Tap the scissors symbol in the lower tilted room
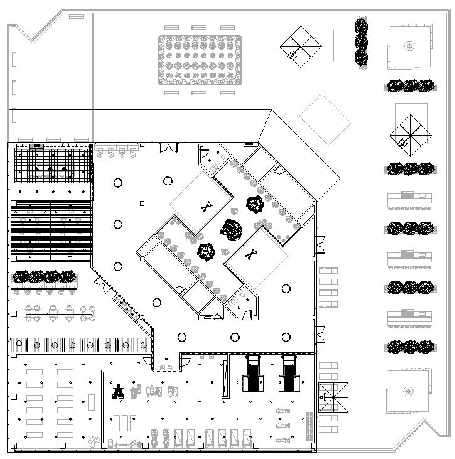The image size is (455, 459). click(251, 254)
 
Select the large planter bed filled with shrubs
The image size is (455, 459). click(200, 60)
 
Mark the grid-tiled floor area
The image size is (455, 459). click(53, 165)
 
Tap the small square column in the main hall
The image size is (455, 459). click(142, 203)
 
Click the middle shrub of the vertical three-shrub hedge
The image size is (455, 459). click(361, 42)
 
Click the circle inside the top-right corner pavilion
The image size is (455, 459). click(409, 45)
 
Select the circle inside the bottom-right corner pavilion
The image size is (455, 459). click(409, 391)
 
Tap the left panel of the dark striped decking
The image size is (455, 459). click(30, 230)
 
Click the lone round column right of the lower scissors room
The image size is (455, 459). click(286, 289)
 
